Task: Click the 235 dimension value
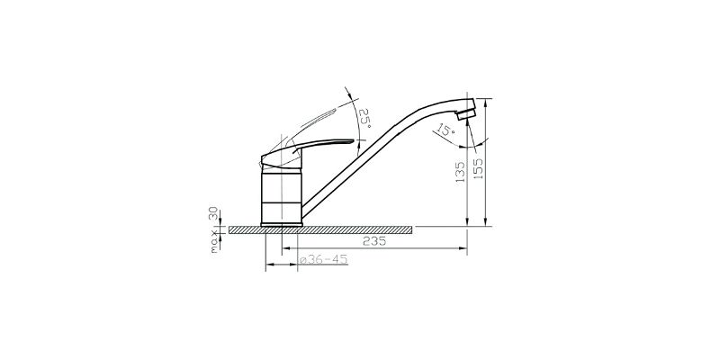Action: [374, 241]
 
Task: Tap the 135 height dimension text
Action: [460, 173]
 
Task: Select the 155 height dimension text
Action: [478, 168]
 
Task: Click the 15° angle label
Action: [445, 130]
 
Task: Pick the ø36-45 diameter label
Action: [323, 260]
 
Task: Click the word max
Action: [215, 241]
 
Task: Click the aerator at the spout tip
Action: [466, 112]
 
